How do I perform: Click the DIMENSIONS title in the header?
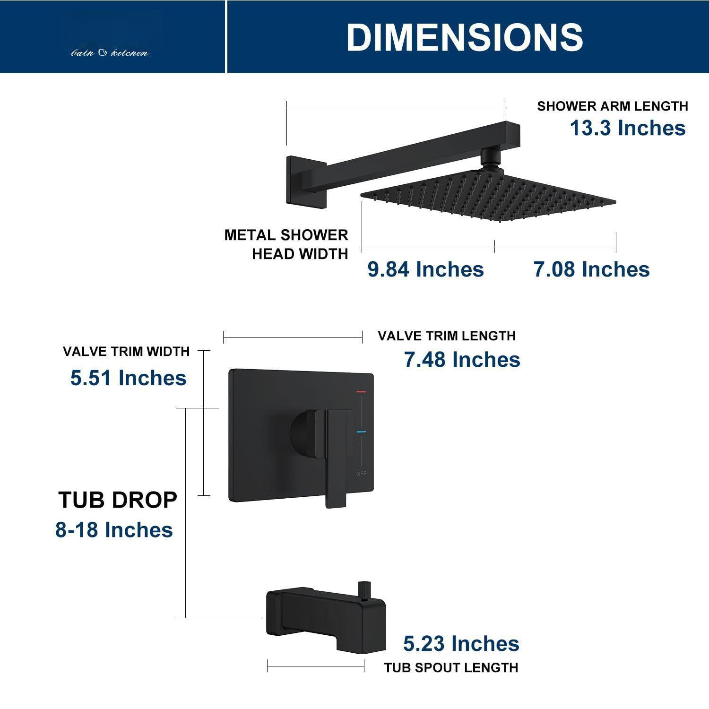465,37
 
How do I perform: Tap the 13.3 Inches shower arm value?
627,128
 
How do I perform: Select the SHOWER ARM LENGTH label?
612,106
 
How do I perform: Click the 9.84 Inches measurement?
425,269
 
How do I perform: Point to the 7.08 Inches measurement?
591,269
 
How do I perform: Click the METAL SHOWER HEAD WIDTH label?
286,244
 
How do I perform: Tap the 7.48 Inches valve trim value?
462,360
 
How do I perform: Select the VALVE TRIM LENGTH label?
446,336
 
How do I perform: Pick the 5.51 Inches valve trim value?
128,378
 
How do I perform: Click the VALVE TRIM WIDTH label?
126,351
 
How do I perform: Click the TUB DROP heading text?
118,500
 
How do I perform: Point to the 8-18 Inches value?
114,530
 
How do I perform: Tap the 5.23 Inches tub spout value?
461,644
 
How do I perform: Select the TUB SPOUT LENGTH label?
451,667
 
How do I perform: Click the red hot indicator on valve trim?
362,392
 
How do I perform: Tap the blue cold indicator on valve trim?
362,432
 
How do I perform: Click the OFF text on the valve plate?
361,474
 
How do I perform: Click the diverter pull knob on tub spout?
363,590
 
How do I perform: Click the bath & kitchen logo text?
110,53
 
